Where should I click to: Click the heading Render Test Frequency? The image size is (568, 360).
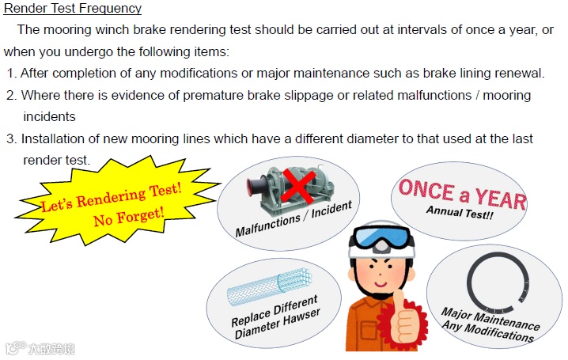tap(73, 8)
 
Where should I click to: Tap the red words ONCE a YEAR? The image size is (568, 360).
tap(463, 195)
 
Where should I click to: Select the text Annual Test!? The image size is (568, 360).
tap(460, 212)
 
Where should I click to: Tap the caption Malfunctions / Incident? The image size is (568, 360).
tap(293, 218)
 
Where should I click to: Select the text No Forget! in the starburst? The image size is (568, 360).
tap(129, 217)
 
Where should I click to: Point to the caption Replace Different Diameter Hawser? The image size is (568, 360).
tap(276, 317)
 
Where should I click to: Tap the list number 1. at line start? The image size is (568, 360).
tap(12, 74)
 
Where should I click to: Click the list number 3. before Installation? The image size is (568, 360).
tap(12, 139)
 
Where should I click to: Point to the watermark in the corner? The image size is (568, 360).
tap(40, 348)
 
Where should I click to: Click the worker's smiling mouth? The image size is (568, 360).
tap(381, 283)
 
